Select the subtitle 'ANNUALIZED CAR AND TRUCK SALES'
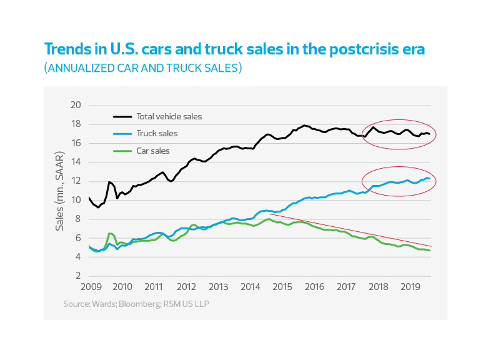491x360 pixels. click(x=142, y=68)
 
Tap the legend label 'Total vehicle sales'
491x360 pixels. click(x=169, y=116)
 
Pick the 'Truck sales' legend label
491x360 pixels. click(x=157, y=133)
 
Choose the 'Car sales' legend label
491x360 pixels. click(x=153, y=151)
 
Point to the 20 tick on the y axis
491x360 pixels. click(x=76, y=105)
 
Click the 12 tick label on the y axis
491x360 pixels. click(x=76, y=181)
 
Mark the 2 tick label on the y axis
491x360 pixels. click(x=79, y=276)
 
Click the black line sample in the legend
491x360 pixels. click(x=122, y=116)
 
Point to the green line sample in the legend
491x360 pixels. click(x=122, y=151)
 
